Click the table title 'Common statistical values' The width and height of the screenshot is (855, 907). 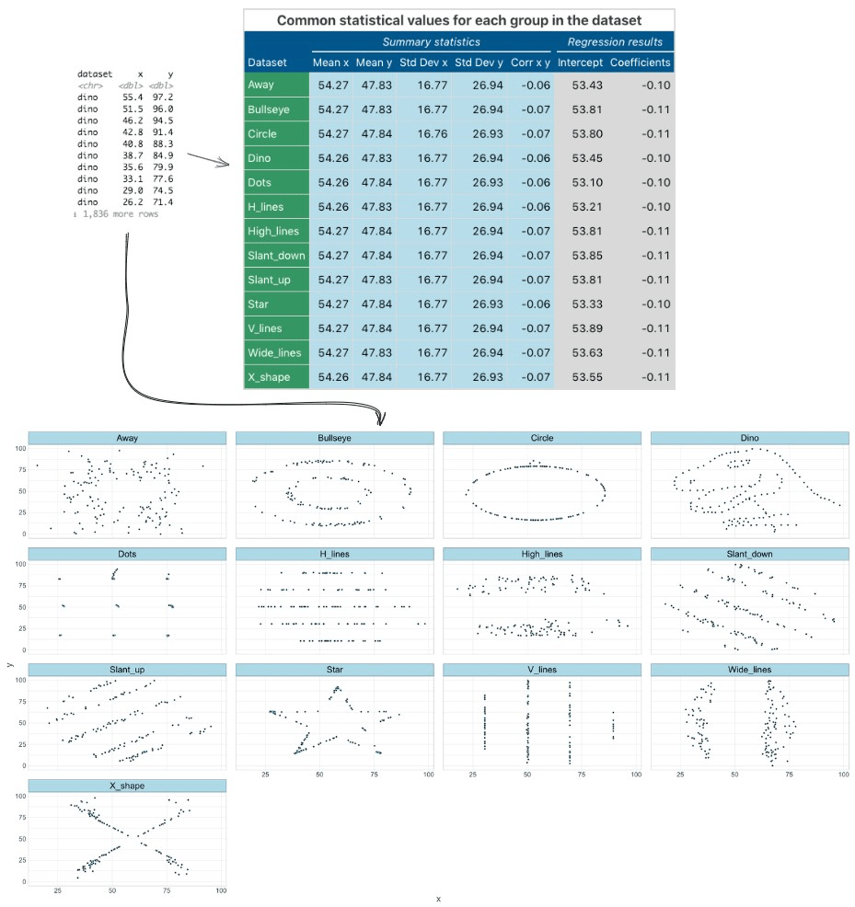point(458,20)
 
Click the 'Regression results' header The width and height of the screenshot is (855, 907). point(615,42)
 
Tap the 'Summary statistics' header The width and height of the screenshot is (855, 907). point(432,42)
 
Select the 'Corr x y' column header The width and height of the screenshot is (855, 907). point(529,63)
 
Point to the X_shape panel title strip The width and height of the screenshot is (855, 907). point(127,786)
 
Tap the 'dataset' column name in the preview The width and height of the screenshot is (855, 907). point(95,73)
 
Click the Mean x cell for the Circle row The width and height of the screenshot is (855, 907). point(330,133)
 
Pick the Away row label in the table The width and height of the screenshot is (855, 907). point(260,86)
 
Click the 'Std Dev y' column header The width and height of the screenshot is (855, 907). point(479,63)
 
